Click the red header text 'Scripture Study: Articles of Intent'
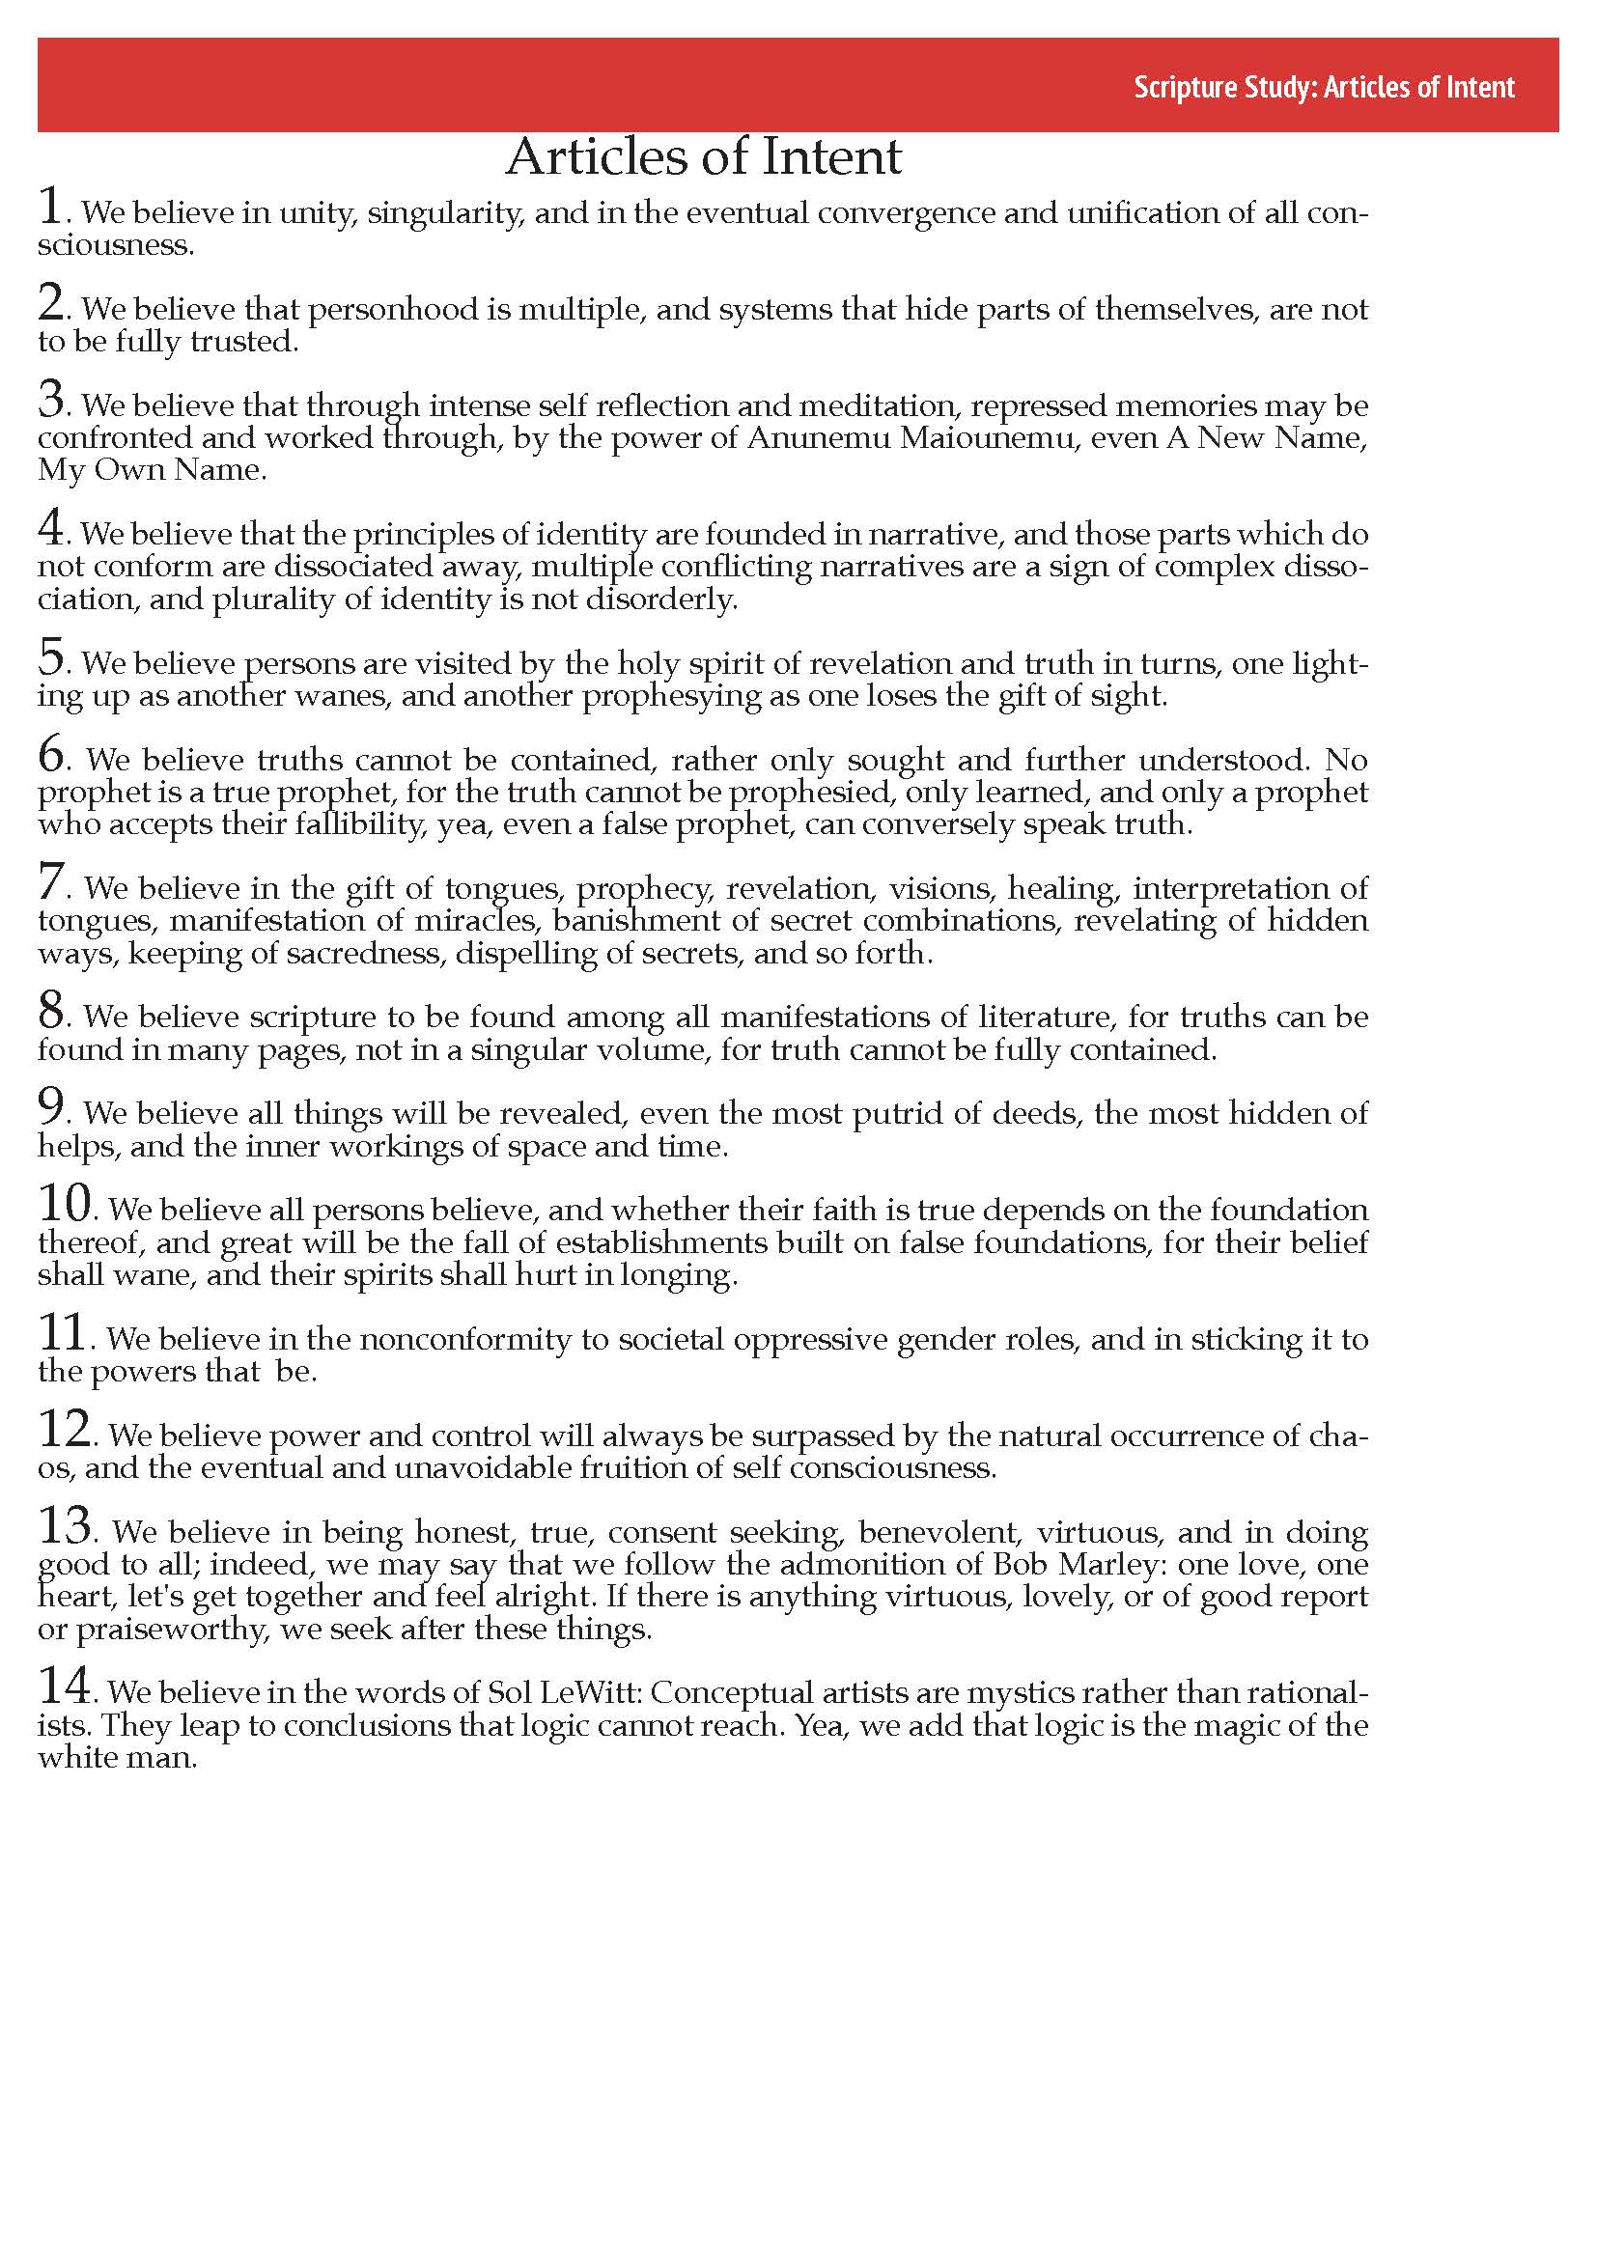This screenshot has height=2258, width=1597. [x=1324, y=88]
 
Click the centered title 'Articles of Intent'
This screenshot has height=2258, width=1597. [x=703, y=157]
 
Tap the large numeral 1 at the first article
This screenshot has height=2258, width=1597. [x=50, y=207]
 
